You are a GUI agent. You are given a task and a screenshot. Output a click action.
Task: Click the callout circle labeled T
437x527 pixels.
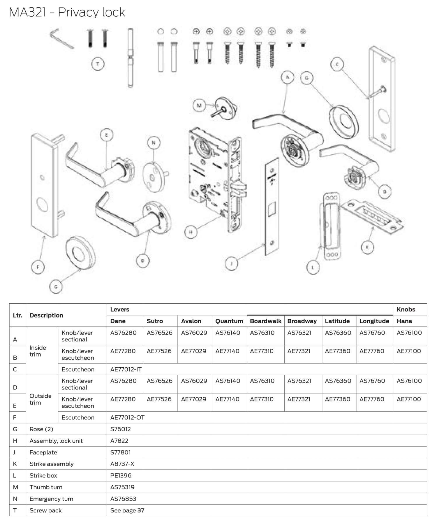[x=98, y=64]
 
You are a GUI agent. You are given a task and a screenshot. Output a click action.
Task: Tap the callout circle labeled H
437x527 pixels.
[x=191, y=232]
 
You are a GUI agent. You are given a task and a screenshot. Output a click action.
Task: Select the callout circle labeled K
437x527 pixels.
[x=367, y=247]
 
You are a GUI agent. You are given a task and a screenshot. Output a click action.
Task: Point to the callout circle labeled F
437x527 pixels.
[x=38, y=267]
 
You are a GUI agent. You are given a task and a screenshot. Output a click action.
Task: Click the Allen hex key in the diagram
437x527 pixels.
[x=61, y=38]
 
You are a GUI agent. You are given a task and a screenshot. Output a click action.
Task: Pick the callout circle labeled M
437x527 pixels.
[x=200, y=105]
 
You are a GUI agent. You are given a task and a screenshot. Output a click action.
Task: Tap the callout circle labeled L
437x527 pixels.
[x=313, y=267]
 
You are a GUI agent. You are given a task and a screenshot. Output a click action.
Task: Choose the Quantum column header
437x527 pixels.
[x=229, y=321]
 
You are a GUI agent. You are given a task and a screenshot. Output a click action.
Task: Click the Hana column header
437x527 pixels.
[x=404, y=321]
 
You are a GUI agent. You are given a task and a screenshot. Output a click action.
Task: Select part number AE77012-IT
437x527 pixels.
[x=126, y=369]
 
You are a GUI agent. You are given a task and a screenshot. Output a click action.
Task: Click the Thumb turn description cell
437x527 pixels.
[x=46, y=487]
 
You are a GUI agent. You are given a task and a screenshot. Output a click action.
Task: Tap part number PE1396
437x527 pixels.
[x=121, y=475]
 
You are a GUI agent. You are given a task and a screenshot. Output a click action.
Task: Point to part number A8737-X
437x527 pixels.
[x=122, y=464]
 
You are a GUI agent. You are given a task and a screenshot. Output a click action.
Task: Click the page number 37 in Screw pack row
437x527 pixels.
[x=141, y=510]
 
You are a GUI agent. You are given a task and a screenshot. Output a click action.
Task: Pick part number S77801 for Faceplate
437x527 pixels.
[x=121, y=452]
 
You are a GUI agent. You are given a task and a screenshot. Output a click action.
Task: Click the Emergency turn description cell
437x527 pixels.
[x=51, y=499]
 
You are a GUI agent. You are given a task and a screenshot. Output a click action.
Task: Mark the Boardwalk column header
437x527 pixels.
[x=266, y=321]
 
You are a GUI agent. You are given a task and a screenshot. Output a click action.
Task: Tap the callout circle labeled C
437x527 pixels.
[x=337, y=64]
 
